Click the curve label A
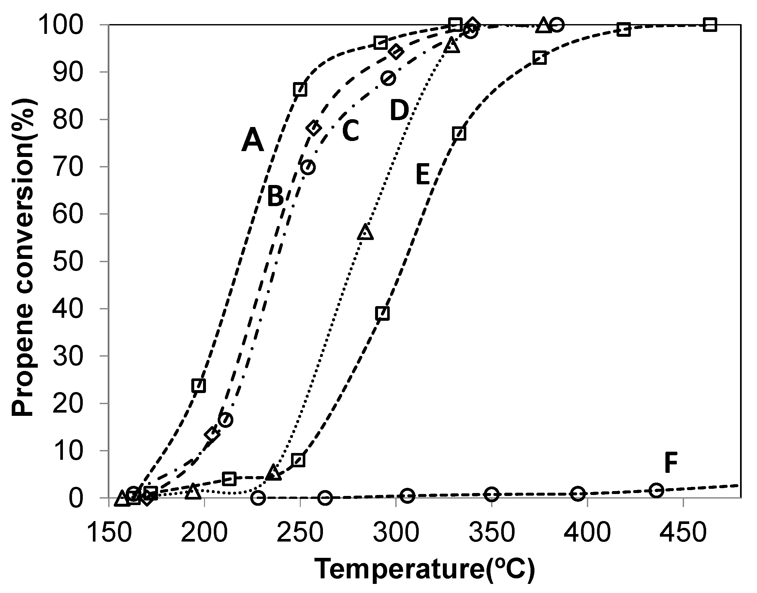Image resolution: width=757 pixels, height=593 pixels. point(253,140)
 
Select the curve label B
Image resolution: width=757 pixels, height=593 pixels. point(275,196)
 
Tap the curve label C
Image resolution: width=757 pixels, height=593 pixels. point(350,131)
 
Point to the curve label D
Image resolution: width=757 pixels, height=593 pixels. point(399,110)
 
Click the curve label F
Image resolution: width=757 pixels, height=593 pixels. point(671,463)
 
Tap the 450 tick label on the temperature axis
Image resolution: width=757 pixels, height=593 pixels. point(683,533)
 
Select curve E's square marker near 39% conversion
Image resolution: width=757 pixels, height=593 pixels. point(382,313)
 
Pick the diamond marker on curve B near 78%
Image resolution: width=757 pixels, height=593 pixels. point(313,128)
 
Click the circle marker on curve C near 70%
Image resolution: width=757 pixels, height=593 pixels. point(308,167)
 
